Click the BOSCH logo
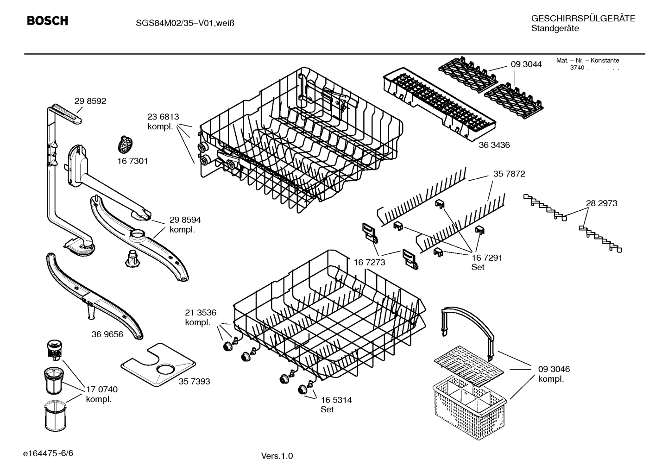point(47,21)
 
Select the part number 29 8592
point(90,101)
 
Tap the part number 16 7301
point(132,161)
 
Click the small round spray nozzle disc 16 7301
point(124,145)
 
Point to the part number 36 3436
point(494,145)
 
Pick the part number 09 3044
point(526,64)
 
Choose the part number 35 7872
point(509,174)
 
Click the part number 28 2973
point(601,203)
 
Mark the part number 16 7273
point(369,262)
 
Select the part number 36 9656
point(107,334)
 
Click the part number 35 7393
point(194,381)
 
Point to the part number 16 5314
point(336,400)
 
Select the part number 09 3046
point(554,369)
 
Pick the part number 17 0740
point(102,390)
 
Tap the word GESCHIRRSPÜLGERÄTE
point(583,19)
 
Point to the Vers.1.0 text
point(277,456)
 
